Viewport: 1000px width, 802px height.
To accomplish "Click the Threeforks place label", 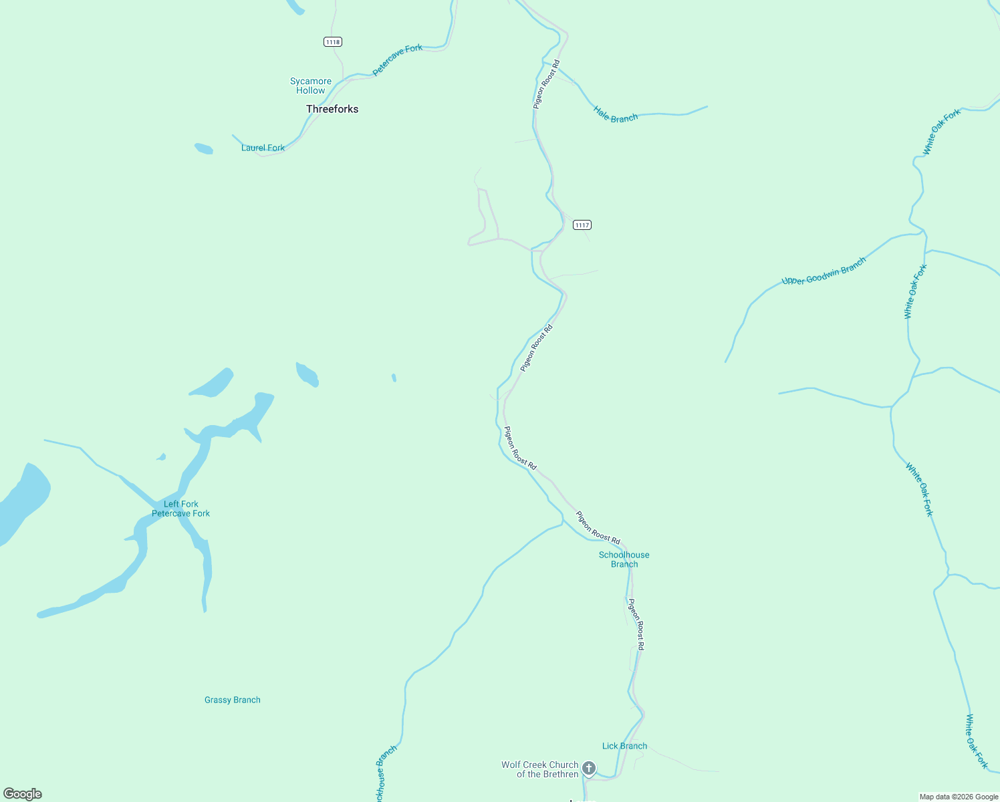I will (x=332, y=109).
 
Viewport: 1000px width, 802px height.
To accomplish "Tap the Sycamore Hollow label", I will (x=311, y=86).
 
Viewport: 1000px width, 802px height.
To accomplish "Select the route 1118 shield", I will (x=333, y=42).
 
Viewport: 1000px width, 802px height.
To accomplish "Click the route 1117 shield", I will (x=582, y=225).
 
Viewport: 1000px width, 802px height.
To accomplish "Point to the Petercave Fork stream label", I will (x=397, y=59).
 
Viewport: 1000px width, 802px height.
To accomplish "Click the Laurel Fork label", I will (x=263, y=148).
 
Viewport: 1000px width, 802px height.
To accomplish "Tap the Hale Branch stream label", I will (x=616, y=114).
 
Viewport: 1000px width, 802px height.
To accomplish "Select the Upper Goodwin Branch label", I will (x=824, y=271).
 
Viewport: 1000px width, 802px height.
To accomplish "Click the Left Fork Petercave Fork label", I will (x=180, y=509).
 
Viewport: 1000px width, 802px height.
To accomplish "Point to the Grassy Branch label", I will (x=233, y=700).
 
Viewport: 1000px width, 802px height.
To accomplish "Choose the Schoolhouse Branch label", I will (x=624, y=559).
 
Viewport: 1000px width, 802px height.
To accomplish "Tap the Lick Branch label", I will (x=624, y=746).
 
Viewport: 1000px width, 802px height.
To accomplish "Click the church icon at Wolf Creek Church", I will (x=589, y=768).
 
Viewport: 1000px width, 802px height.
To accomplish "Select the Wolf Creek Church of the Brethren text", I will (x=540, y=769).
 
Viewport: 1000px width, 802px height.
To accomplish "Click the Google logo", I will (x=23, y=794).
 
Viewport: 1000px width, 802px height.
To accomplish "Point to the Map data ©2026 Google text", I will (x=959, y=797).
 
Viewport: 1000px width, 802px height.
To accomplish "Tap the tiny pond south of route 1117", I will (x=394, y=378).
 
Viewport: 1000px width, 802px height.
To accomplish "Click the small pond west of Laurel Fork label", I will (x=204, y=148).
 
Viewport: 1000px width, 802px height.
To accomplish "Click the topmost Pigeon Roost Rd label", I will (x=546, y=84).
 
